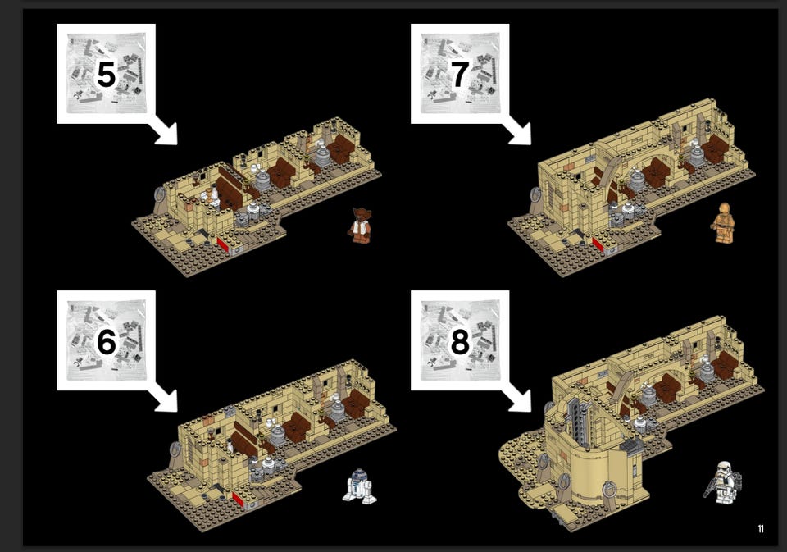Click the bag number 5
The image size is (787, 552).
pos(106,75)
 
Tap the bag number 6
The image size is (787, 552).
pos(107,341)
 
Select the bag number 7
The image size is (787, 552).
pos(460,75)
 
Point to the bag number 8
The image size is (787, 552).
pos(460,341)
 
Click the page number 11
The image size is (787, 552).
pos(761,528)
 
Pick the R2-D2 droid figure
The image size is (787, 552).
pos(359,486)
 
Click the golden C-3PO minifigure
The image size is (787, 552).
pos(724,222)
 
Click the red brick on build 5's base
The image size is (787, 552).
pos(223,245)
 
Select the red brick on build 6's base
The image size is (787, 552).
pos(238,500)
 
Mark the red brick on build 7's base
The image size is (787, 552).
pos(598,245)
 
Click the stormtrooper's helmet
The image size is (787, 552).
pos(723,468)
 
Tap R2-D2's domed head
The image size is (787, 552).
pos(358,475)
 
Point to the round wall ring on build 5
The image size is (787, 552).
pos(160,194)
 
